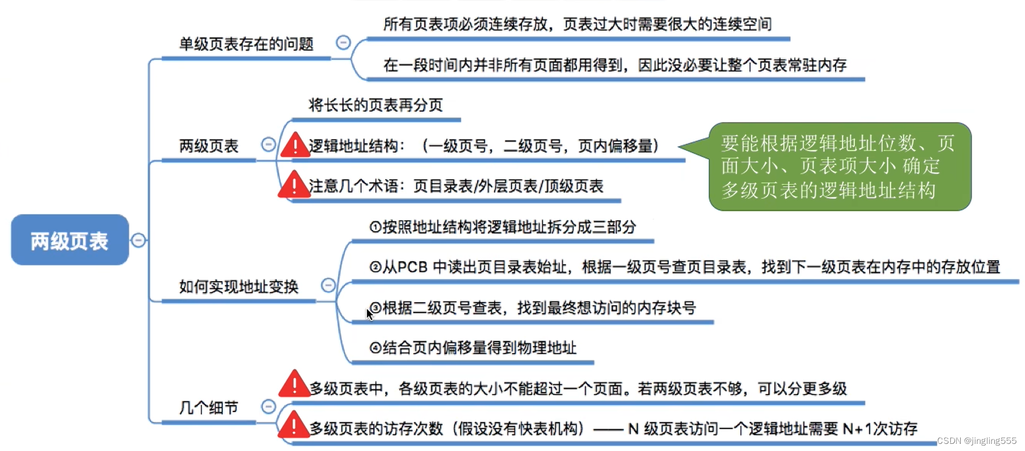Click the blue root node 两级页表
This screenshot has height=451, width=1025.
[70, 240]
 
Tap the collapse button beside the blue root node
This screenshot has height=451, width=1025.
[138, 240]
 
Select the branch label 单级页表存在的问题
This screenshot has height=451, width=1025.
[246, 44]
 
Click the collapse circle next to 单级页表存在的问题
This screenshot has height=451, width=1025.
[343, 42]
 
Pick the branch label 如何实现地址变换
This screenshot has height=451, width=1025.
[238, 286]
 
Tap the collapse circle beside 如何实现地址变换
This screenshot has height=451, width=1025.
[328, 285]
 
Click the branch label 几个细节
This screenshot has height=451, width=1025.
[209, 408]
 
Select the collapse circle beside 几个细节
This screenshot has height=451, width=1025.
[268, 407]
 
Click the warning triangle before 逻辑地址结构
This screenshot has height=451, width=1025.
[295, 146]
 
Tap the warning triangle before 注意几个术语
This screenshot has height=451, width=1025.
[294, 185]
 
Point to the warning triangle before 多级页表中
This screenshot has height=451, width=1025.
[294, 385]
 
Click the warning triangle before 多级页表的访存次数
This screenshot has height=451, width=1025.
[294, 425]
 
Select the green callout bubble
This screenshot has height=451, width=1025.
[839, 166]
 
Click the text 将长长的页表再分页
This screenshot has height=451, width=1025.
[376, 105]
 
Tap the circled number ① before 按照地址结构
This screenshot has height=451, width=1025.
[375, 227]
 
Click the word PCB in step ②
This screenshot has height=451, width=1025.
[412, 267]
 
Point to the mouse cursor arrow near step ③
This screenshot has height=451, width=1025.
[369, 314]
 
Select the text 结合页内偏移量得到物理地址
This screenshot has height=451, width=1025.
[479, 348]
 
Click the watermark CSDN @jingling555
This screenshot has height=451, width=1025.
[977, 441]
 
